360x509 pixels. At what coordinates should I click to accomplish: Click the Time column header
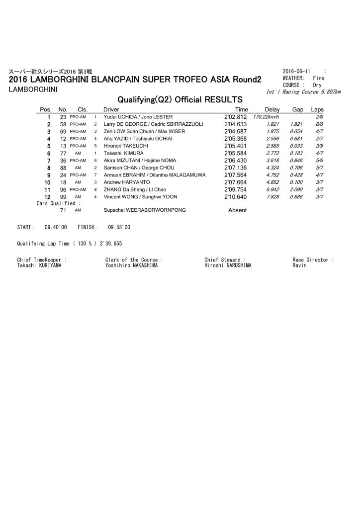241,109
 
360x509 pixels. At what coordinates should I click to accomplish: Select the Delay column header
272,109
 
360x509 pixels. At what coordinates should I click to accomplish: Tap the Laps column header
317,109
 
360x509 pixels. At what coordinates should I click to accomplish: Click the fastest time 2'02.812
236,117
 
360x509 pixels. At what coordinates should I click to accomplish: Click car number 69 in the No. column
63,131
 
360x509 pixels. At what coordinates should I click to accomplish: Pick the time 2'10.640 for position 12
236,197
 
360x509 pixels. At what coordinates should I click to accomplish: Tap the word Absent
237,210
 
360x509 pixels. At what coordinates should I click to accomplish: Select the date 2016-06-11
296,72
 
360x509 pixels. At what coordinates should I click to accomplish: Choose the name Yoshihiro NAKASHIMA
131,265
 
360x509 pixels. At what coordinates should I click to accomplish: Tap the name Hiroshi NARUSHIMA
228,265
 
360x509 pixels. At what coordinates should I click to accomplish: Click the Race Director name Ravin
300,265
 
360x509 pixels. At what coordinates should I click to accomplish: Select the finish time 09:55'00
119,227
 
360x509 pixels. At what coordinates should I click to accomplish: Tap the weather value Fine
319,78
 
